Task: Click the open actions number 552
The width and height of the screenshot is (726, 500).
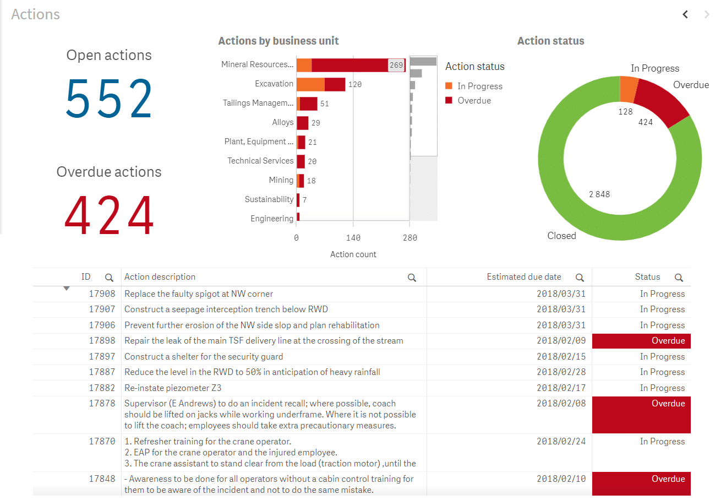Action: [x=109, y=99]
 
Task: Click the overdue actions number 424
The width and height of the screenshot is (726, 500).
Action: [x=109, y=215]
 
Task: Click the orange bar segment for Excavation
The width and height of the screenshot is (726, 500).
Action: [x=310, y=84]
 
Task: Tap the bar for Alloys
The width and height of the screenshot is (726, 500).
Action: [x=302, y=123]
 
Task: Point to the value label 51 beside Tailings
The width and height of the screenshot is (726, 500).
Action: [x=325, y=104]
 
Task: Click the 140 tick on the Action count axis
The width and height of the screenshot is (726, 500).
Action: [x=353, y=238]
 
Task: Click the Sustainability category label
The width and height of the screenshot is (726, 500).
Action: [x=269, y=199]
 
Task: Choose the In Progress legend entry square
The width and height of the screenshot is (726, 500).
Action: [x=449, y=86]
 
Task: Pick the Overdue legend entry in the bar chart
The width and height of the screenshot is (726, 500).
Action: [x=474, y=100]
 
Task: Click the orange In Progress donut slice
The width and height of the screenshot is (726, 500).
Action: [x=629, y=89]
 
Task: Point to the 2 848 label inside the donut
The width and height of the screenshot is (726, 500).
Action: [x=599, y=194]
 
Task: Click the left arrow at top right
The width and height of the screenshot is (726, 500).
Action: [x=685, y=14]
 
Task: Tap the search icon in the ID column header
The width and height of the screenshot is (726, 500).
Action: [x=109, y=278]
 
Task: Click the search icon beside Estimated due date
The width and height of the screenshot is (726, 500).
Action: [x=580, y=278]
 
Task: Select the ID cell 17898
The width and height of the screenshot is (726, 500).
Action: [x=102, y=341]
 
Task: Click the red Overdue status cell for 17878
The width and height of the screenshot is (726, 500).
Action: [x=641, y=415]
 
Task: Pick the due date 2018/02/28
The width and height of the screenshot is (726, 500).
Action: [x=561, y=372]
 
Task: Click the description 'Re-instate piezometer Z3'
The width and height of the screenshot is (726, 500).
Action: [x=173, y=388]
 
